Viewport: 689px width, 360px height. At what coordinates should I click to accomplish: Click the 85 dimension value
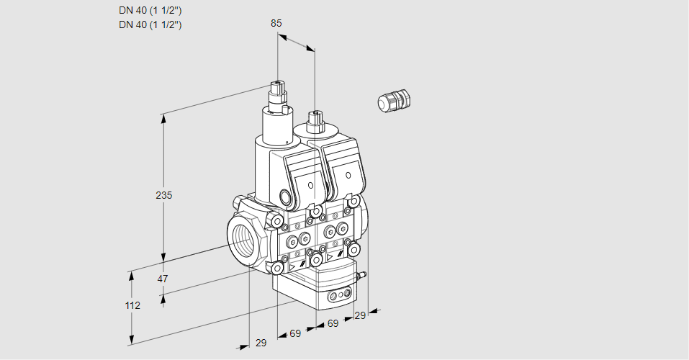[276, 23]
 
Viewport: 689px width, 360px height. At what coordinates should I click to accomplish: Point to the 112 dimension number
[132, 305]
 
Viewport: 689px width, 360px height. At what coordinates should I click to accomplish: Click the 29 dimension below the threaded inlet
[261, 343]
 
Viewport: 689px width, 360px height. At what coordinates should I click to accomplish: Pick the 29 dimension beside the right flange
[360, 315]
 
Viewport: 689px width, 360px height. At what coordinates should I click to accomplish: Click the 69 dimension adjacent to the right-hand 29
[333, 324]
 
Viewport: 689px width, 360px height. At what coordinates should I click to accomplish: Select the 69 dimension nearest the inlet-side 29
[294, 333]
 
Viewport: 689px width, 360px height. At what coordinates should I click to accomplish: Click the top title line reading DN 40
[150, 10]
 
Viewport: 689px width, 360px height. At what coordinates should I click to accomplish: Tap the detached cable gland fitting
[393, 100]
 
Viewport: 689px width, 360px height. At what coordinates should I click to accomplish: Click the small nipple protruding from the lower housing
[363, 274]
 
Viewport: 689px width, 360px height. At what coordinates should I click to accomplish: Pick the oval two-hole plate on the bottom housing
[338, 295]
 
